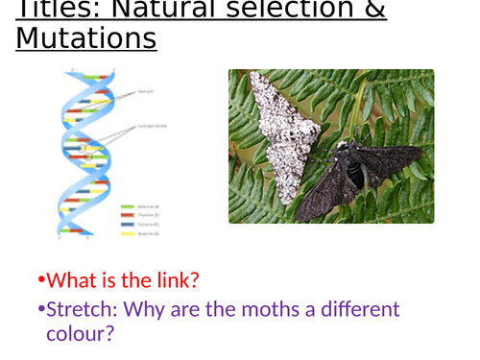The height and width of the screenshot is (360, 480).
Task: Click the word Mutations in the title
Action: click(x=85, y=38)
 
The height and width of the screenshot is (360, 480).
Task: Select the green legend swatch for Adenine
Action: click(x=128, y=205)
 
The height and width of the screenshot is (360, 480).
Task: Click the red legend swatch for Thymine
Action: click(x=128, y=215)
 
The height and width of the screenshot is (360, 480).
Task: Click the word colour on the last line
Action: click(x=81, y=334)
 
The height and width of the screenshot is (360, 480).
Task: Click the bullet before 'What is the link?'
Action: click(x=41, y=281)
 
